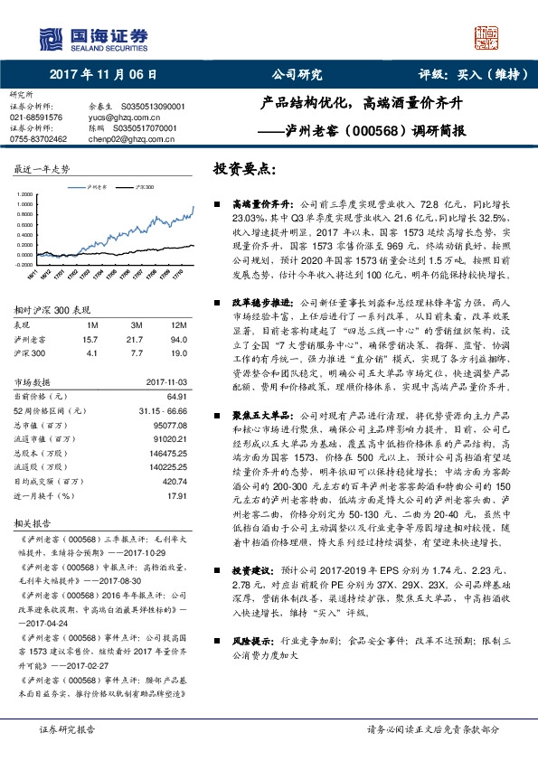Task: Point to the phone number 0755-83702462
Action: [38, 139]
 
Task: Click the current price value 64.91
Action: [175, 397]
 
